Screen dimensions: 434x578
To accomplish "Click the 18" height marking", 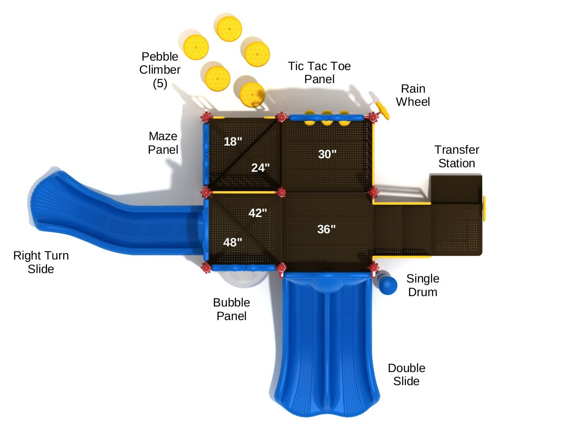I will tap(233, 142).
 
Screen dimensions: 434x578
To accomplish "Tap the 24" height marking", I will tap(260, 168).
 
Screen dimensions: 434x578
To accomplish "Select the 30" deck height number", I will tap(327, 154).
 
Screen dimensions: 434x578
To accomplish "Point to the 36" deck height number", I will tap(326, 229).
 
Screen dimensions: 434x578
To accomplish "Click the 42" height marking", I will tap(258, 213).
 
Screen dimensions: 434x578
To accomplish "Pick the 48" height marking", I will tap(233, 242).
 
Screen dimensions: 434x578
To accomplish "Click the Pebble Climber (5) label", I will tap(160, 70).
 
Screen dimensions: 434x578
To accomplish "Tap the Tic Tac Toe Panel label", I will tap(320, 72).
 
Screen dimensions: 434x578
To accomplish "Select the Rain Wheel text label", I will tap(413, 95).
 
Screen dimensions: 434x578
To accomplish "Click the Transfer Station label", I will tap(456, 156).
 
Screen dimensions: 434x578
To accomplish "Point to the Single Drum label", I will tap(423, 285).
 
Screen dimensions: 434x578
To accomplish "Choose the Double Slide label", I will tap(406, 374).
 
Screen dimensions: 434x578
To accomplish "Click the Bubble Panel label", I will tap(231, 309).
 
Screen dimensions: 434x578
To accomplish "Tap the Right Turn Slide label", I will tap(41, 262).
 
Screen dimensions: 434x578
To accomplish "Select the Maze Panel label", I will tap(163, 143).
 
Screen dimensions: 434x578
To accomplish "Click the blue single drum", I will tap(387, 285).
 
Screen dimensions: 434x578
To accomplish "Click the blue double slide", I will tap(326, 344).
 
